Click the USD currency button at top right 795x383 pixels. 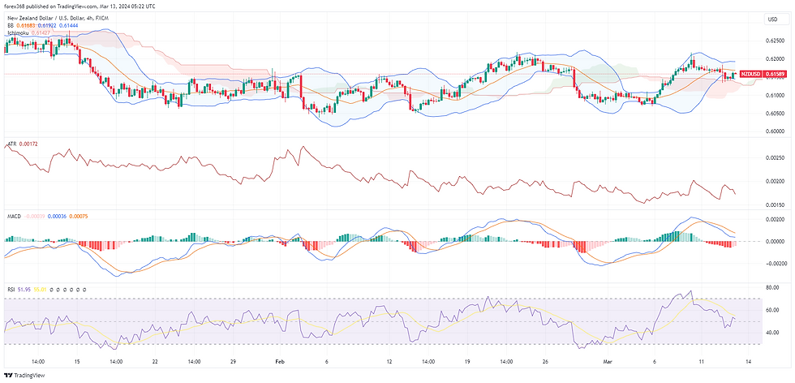(771, 19)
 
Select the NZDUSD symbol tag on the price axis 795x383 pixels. (750, 74)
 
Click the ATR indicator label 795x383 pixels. (11, 144)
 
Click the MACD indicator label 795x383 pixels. (14, 216)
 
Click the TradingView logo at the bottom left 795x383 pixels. (25, 375)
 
